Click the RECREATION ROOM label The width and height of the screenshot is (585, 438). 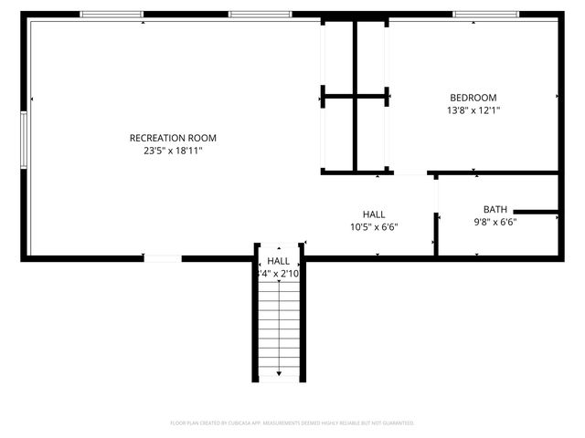[173, 138]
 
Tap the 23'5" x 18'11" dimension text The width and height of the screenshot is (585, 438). [173, 151]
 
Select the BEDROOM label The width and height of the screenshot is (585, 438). [473, 98]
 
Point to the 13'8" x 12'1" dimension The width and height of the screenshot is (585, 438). [473, 110]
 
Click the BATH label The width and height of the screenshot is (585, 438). [495, 209]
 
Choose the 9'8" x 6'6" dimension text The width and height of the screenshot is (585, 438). [495, 222]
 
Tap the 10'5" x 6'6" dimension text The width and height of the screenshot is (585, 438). [374, 227]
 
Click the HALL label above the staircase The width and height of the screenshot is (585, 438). [279, 261]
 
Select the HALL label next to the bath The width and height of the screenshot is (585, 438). [374, 214]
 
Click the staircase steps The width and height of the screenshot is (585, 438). [279, 319]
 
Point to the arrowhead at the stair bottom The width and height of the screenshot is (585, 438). [279, 373]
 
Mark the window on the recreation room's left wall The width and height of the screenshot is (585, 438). [25, 139]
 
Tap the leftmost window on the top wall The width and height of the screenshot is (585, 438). [112, 15]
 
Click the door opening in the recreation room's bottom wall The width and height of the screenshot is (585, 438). [163, 258]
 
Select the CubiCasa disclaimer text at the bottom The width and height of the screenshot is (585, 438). [292, 423]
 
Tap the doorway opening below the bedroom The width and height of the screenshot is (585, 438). [410, 172]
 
